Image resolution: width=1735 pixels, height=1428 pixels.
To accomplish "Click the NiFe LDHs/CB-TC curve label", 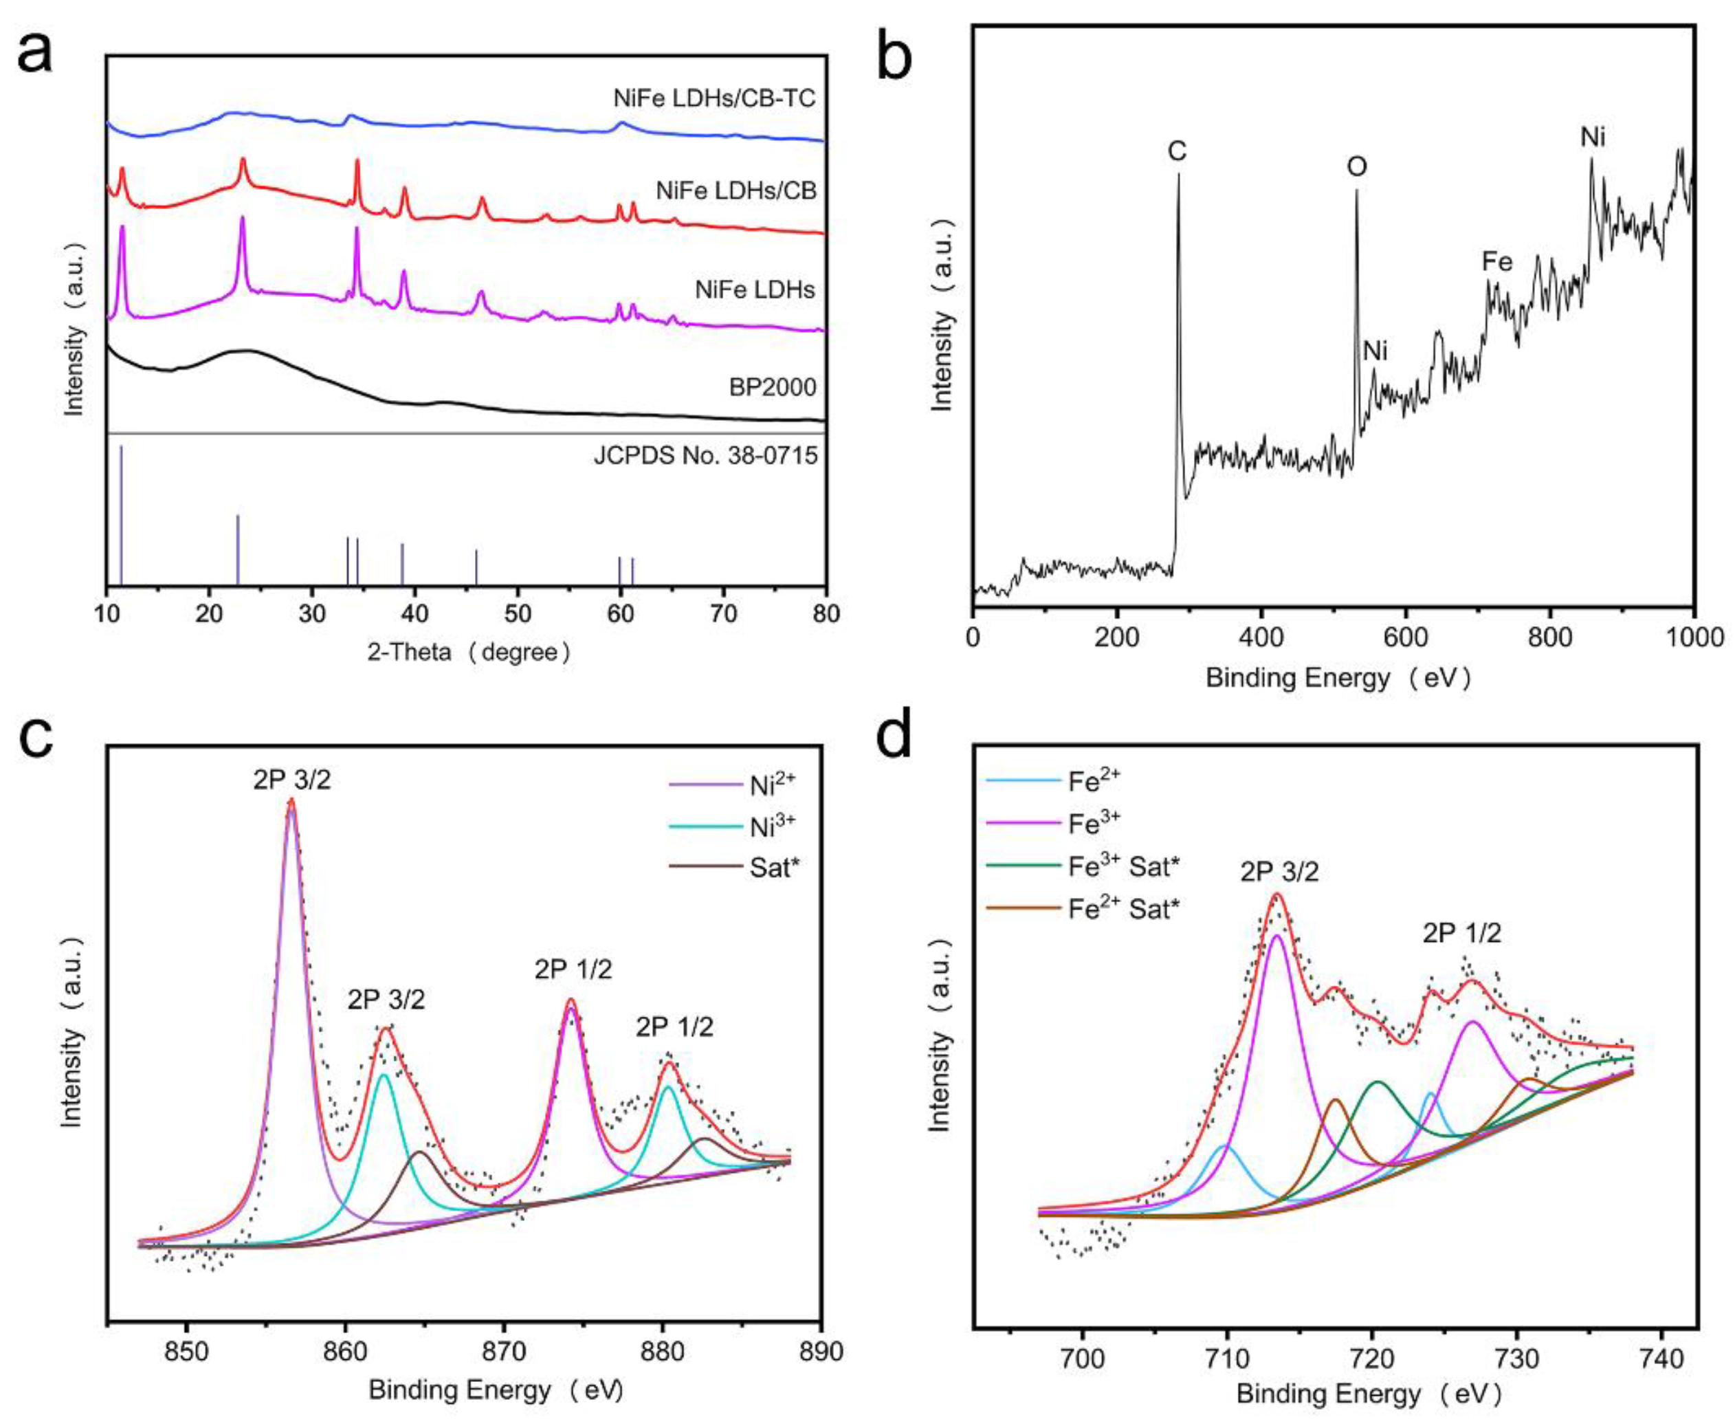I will (714, 99).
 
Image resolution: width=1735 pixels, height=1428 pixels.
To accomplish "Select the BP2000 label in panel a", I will (772, 386).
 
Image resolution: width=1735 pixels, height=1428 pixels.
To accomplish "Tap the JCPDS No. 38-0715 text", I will (705, 455).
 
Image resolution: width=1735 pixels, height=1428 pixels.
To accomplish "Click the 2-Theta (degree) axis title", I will (468, 652).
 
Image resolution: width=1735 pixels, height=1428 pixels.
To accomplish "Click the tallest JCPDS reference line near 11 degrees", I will (121, 510).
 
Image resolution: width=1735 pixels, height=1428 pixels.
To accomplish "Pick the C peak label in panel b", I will (1177, 151).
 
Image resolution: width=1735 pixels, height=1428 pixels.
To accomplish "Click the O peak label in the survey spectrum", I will (1356, 167).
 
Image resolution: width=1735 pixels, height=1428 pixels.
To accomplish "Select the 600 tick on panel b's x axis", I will (1405, 637).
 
